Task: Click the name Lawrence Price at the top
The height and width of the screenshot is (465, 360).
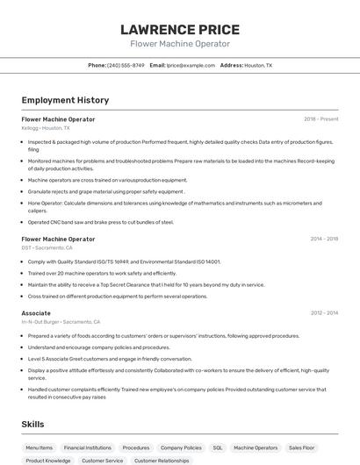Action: coord(179,30)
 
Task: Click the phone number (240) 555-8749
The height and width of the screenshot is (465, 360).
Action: coord(126,65)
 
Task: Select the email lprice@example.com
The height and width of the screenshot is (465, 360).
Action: coord(191,65)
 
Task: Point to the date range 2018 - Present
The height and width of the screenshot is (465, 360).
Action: coord(320,119)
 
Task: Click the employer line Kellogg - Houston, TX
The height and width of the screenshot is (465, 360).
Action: coord(46,128)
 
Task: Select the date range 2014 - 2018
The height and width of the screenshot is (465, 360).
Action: coord(324,239)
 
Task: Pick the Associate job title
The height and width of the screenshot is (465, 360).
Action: coord(36,312)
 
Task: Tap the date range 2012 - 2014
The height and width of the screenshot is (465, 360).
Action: coord(324,312)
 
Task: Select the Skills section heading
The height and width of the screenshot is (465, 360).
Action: coord(33,424)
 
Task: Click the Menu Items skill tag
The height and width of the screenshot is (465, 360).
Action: coord(40,447)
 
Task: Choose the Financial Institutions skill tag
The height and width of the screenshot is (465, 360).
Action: coord(87,447)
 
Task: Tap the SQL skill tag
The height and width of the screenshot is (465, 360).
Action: coord(218,447)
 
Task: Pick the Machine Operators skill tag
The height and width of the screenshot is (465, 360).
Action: coord(256,447)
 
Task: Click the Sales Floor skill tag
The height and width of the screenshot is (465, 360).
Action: coord(302,447)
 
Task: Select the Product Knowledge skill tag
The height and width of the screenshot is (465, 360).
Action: coord(48,461)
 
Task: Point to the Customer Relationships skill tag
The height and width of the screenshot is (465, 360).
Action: coord(162,461)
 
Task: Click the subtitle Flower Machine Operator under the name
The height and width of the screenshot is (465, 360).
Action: coord(179,44)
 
